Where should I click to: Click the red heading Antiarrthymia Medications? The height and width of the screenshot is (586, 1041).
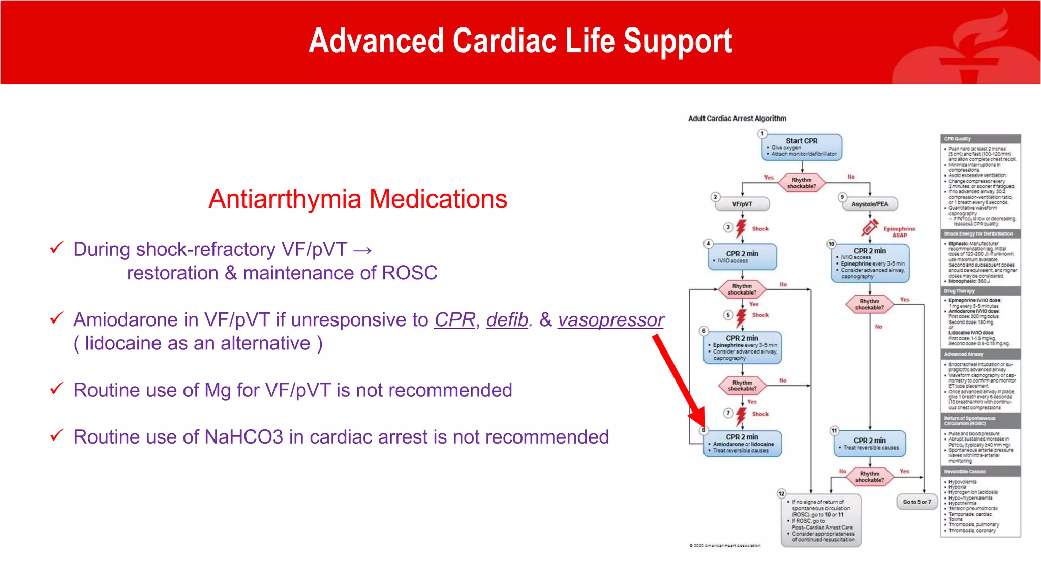coord(358,199)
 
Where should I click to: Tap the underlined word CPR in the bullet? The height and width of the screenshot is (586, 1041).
coord(454,320)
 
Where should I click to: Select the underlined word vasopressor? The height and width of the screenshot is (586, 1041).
coord(610,320)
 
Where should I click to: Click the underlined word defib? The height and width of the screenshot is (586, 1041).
coord(507,320)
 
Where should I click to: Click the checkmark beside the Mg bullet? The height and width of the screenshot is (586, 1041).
coord(56,389)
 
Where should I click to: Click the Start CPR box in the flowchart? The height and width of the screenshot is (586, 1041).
coord(802,147)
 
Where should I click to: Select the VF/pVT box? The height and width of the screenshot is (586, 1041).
coord(742,204)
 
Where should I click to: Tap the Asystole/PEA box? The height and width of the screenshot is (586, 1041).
coord(870,204)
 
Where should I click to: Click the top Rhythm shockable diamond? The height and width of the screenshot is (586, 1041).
coord(802,183)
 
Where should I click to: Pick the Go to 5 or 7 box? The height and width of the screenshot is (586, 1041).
coord(916,502)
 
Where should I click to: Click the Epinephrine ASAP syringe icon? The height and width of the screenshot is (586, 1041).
coord(870,228)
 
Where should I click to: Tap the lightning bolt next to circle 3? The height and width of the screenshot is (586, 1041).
coord(741,228)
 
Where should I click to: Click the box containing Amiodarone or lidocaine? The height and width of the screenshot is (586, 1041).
coord(742,444)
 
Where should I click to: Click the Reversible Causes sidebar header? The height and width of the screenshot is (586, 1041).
coord(980,472)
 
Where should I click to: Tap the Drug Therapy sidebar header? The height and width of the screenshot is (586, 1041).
coord(980,291)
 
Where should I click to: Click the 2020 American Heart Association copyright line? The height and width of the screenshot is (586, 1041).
coord(725,546)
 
